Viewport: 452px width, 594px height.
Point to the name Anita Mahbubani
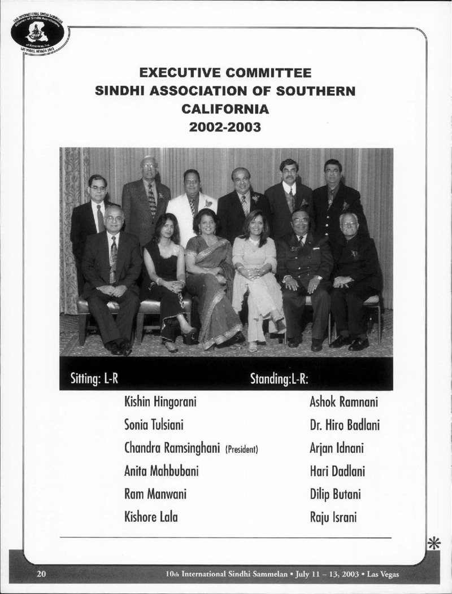point(160,471)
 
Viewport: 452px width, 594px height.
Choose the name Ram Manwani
point(155,495)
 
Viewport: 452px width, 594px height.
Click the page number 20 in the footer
point(41,575)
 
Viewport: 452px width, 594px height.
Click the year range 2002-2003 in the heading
point(225,126)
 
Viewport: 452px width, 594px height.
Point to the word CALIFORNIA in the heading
point(225,109)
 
